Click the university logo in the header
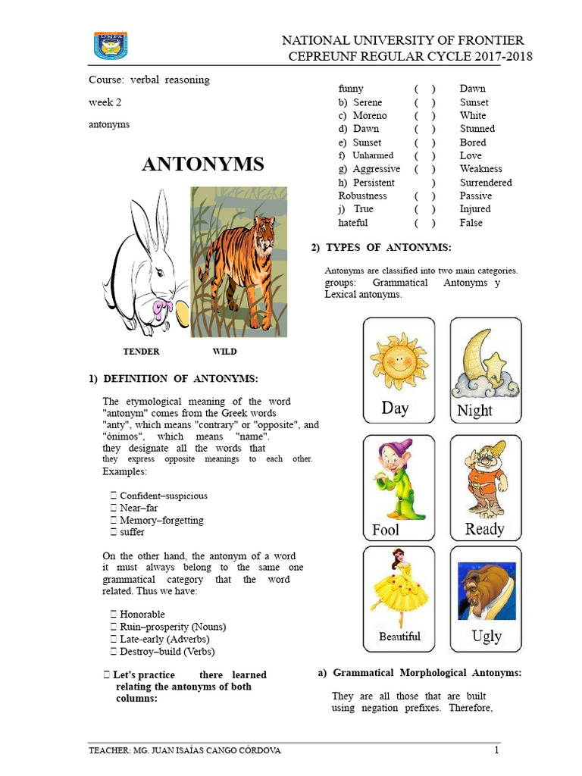(111, 45)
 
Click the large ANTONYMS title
(203, 164)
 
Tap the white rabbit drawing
(145, 261)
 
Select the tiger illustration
(239, 261)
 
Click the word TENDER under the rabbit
(142, 352)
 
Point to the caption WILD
(224, 352)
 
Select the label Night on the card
(475, 411)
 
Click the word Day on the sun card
(395, 408)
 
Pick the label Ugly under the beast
(487, 636)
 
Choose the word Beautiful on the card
(399, 637)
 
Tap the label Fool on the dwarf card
(386, 530)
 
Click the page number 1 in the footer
(496, 751)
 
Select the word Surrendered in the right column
(486, 183)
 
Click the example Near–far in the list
(139, 508)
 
